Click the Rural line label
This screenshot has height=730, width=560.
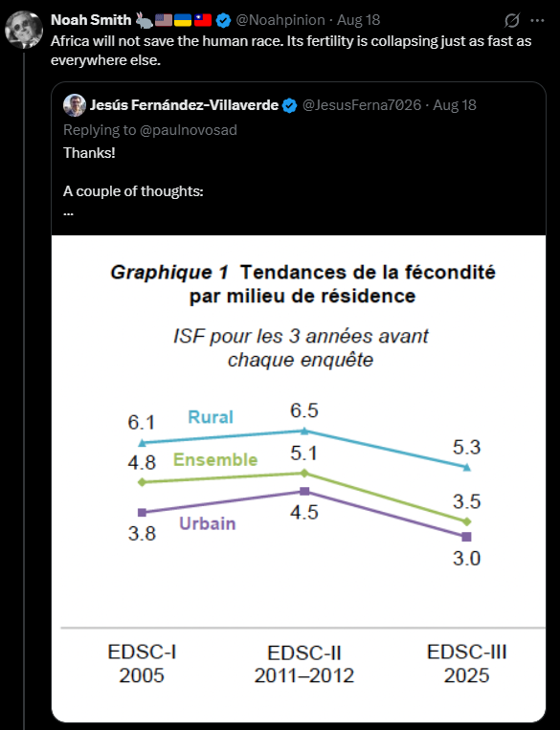(210, 417)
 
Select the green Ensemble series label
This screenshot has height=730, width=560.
(215, 459)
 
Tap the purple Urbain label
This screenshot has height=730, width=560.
(208, 523)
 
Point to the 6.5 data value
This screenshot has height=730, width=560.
(303, 410)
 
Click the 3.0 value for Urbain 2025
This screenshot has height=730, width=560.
(466, 558)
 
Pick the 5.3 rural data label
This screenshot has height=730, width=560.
(466, 447)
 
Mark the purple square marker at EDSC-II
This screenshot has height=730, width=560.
(304, 491)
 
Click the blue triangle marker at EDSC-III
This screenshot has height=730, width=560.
(466, 467)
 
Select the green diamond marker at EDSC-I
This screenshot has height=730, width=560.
(142, 482)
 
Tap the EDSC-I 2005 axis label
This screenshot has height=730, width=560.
(142, 663)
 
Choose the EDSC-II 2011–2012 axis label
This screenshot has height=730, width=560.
(304, 664)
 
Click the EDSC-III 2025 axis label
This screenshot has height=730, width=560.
(466, 663)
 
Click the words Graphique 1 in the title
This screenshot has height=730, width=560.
(169, 273)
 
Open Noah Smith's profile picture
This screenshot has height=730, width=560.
(24, 30)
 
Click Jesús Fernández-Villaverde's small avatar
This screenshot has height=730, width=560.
(75, 105)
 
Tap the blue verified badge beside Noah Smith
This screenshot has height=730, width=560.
(224, 20)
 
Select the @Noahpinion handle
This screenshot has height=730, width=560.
(280, 20)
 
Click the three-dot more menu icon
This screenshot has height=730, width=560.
(537, 20)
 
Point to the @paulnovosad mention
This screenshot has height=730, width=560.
(189, 130)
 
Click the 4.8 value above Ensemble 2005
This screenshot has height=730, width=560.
(142, 463)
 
